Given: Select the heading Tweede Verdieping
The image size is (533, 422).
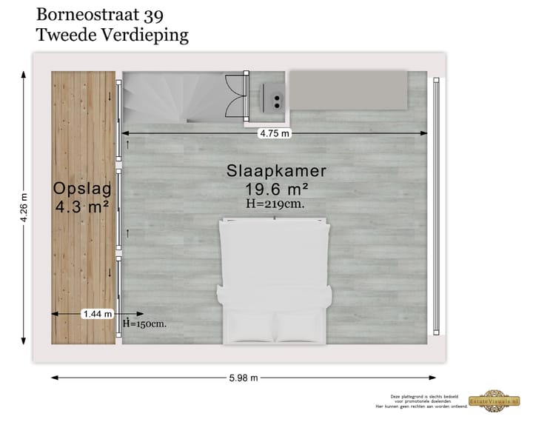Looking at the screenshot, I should [112, 34].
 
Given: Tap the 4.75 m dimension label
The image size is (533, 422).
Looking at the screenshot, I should [274, 133].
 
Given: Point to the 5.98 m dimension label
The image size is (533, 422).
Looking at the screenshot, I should [244, 378].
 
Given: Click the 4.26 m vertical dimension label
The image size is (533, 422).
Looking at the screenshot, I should [24, 208].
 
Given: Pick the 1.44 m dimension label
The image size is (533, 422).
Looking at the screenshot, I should [98, 313].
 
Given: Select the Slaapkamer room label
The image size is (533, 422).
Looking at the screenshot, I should [276, 171].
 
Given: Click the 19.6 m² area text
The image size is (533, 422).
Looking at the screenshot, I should [277, 189].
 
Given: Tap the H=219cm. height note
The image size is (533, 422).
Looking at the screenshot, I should [275, 203].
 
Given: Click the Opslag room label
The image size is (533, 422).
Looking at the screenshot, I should [81, 187].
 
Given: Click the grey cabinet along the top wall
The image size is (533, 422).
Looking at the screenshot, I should [347, 89].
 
